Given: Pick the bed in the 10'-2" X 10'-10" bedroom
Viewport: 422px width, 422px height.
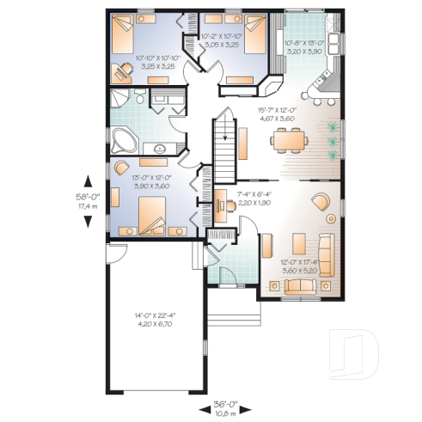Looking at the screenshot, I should (x=251, y=34).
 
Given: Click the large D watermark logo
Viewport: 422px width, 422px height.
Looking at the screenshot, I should (x=358, y=353).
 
